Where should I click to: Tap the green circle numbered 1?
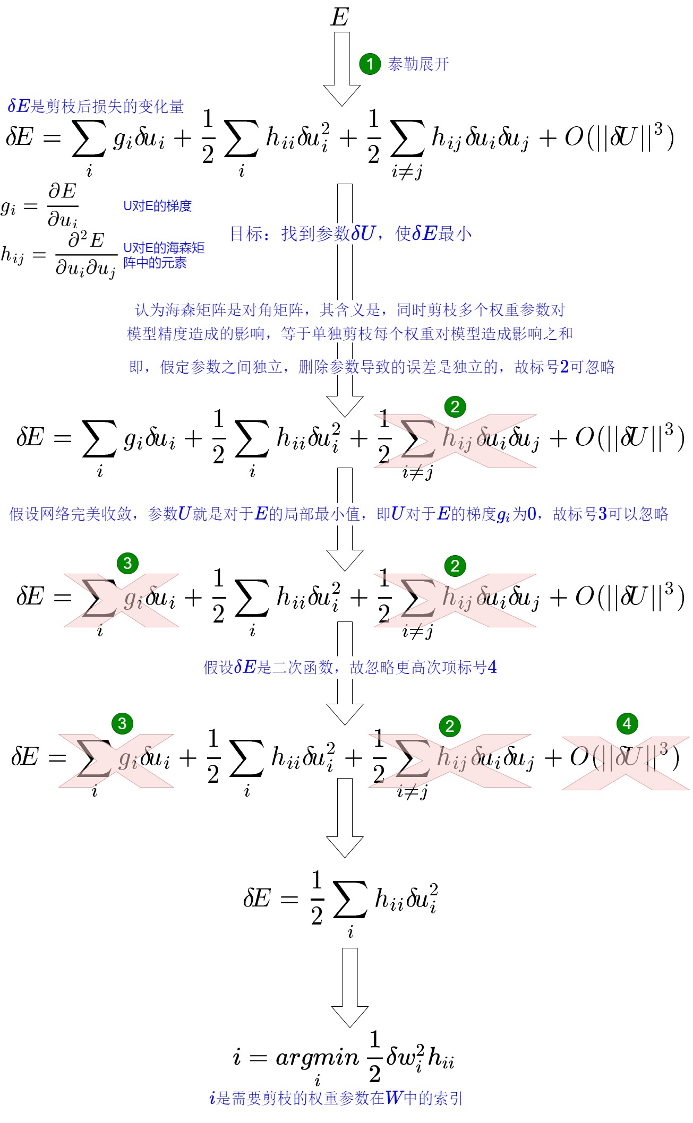(370, 64)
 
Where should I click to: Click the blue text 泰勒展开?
(418, 64)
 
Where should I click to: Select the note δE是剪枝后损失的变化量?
(96, 106)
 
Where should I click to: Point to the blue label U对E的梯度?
(157, 206)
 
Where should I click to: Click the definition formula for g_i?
(40, 205)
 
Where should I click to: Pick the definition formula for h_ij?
(58, 255)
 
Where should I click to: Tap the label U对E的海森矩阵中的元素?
(164, 255)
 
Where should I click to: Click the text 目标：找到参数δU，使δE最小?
(350, 234)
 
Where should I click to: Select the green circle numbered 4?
(627, 723)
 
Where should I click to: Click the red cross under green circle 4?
(626, 763)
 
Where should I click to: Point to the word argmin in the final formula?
(317, 1058)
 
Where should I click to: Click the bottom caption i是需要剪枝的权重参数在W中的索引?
(336, 1098)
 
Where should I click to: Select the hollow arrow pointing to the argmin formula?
(349, 987)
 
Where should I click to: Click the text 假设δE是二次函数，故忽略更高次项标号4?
(350, 667)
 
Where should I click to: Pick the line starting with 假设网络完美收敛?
(339, 514)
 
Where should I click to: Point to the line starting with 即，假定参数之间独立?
(372, 367)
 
